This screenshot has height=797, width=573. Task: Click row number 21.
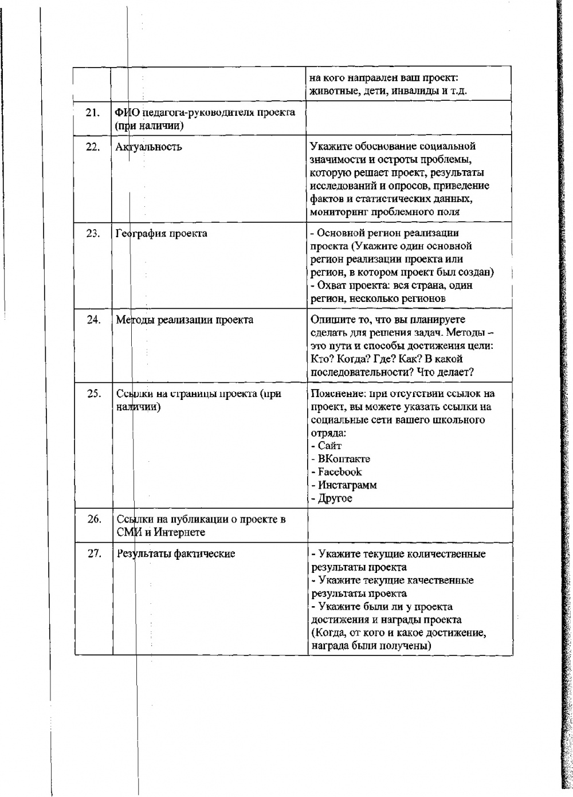click(93, 112)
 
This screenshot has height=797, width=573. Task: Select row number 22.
click(93, 147)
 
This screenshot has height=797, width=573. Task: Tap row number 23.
click(93, 233)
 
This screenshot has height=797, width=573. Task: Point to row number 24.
click(93, 320)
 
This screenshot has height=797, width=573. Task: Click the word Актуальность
click(149, 147)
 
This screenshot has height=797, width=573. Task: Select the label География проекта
click(162, 233)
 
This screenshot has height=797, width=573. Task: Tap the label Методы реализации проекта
click(185, 320)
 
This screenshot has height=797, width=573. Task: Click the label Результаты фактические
click(176, 553)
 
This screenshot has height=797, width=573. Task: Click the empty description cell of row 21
click(409, 117)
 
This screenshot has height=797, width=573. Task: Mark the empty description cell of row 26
click(409, 525)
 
